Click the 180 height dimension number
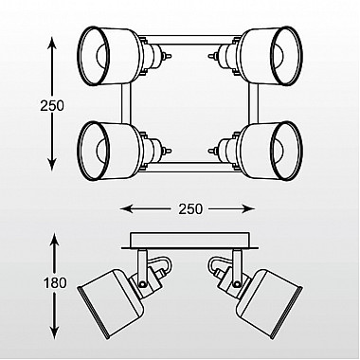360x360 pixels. tap(55, 282)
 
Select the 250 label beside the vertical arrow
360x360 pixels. tap(52, 105)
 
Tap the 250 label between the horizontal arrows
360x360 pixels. tap(190, 208)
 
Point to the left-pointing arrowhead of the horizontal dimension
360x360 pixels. tap(126, 208)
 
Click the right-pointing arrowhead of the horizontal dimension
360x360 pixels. tap(248, 208)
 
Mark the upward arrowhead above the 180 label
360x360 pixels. tap(55, 239)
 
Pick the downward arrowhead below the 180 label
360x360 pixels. tap(55, 331)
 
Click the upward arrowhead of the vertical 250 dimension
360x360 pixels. tap(52, 43)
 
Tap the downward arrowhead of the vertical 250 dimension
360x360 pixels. tap(52, 164)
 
